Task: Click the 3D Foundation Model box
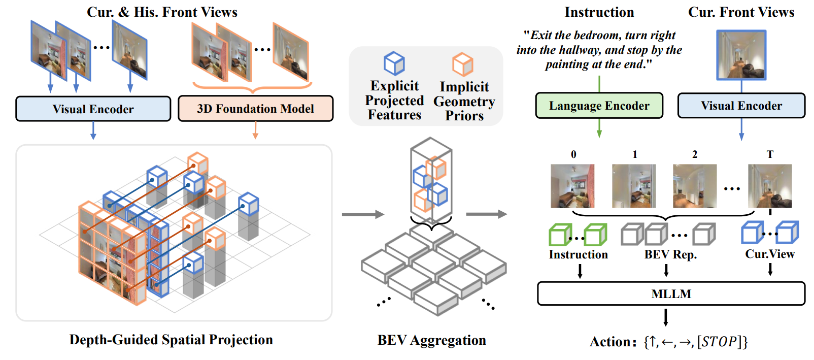tap(255, 109)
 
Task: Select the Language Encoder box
tap(599, 106)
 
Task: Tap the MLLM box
tap(671, 293)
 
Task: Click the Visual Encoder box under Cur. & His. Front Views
tap(93, 109)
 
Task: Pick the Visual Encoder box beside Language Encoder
tap(741, 106)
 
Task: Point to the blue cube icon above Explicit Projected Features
tap(394, 63)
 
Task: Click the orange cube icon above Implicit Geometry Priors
tap(462, 64)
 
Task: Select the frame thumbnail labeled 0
tap(572, 186)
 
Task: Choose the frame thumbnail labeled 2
tap(694, 186)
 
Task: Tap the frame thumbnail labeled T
tap(769, 186)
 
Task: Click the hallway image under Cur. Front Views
tap(741, 55)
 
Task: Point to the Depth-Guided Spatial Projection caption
tap(171, 340)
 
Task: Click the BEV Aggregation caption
tap(431, 340)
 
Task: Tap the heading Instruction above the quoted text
tap(599, 12)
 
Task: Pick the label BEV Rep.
tap(670, 254)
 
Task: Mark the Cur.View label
tap(769, 254)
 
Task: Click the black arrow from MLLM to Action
tap(665, 317)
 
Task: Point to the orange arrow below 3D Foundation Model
tap(255, 130)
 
